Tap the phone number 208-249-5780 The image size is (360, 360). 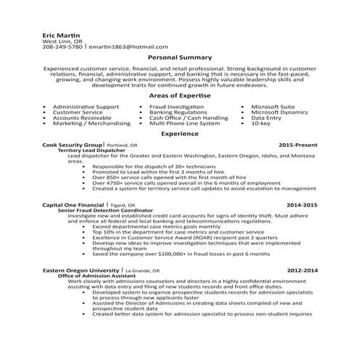coord(63,46)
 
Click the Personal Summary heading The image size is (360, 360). coord(180,57)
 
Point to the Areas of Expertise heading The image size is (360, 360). coord(180,96)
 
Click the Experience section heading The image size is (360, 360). coord(180,135)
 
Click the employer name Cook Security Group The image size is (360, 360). coord(73,145)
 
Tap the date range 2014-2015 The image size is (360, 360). coord(301,205)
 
